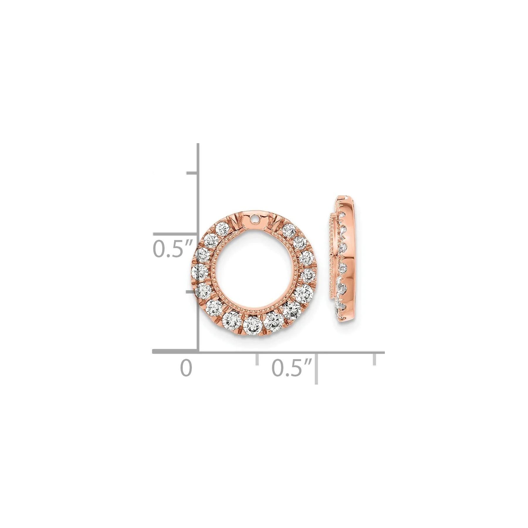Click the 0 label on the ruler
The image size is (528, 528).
point(186,368)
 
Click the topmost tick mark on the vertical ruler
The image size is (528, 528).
point(192,173)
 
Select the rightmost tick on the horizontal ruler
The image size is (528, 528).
point(374,360)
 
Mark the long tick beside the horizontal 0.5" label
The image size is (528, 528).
point(316,368)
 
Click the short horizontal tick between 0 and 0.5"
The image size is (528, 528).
point(257,360)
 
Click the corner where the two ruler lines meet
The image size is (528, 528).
point(198,351)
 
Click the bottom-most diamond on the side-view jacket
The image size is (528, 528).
point(341,306)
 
